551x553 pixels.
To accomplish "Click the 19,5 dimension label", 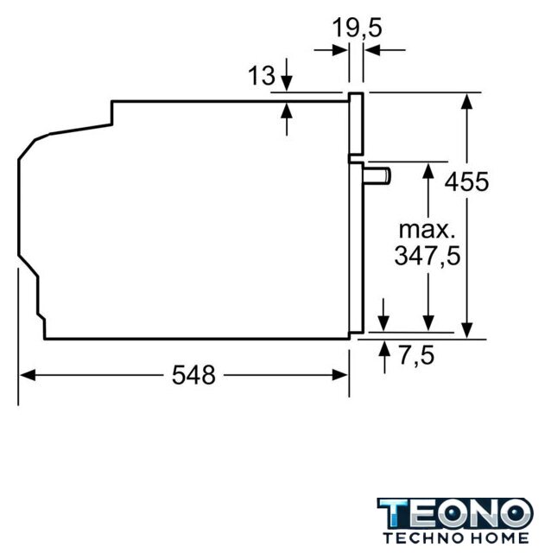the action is tap(358, 28).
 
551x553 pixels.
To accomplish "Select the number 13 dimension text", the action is tap(262, 75).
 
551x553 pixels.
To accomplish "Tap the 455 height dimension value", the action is tap(466, 182).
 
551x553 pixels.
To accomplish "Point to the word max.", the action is tap(427, 230).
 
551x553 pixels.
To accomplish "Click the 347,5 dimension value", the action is tap(427, 256).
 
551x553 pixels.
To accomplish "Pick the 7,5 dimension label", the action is tap(416, 355).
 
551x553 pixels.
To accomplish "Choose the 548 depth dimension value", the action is tap(193, 374).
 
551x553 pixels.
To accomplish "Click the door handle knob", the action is tap(377, 176).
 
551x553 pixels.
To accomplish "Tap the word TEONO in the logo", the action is tap(455, 513).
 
